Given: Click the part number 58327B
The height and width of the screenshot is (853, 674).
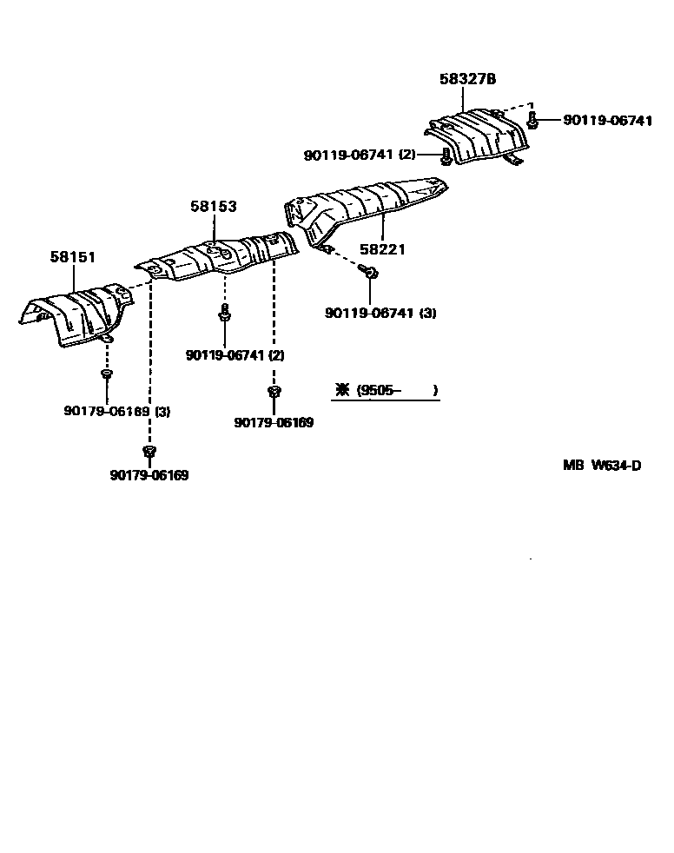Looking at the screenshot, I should [x=467, y=79].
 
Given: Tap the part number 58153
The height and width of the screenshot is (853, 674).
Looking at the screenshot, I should [x=214, y=207].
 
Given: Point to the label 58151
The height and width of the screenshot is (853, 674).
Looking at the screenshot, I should [x=73, y=258].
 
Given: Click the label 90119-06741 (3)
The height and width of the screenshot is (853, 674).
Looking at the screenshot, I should [x=380, y=313].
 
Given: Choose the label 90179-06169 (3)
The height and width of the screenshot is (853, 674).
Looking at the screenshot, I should [x=117, y=411].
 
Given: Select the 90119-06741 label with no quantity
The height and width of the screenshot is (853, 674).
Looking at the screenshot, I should [x=607, y=122].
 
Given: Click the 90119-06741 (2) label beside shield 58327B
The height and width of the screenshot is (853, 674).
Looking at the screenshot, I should [x=360, y=155].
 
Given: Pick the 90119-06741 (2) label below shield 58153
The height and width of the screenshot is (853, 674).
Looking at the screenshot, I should [x=235, y=355].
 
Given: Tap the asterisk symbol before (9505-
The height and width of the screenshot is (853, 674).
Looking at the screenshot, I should [x=342, y=391].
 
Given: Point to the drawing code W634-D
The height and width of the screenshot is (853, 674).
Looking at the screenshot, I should [x=617, y=466].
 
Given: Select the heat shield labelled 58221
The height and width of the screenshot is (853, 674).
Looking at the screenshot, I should [x=365, y=209].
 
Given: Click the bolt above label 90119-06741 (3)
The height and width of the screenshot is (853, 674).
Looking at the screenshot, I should [x=371, y=274].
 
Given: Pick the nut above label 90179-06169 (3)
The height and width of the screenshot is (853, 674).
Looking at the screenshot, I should [x=106, y=374].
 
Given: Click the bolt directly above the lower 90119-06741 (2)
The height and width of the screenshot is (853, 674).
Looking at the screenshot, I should [x=224, y=314].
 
